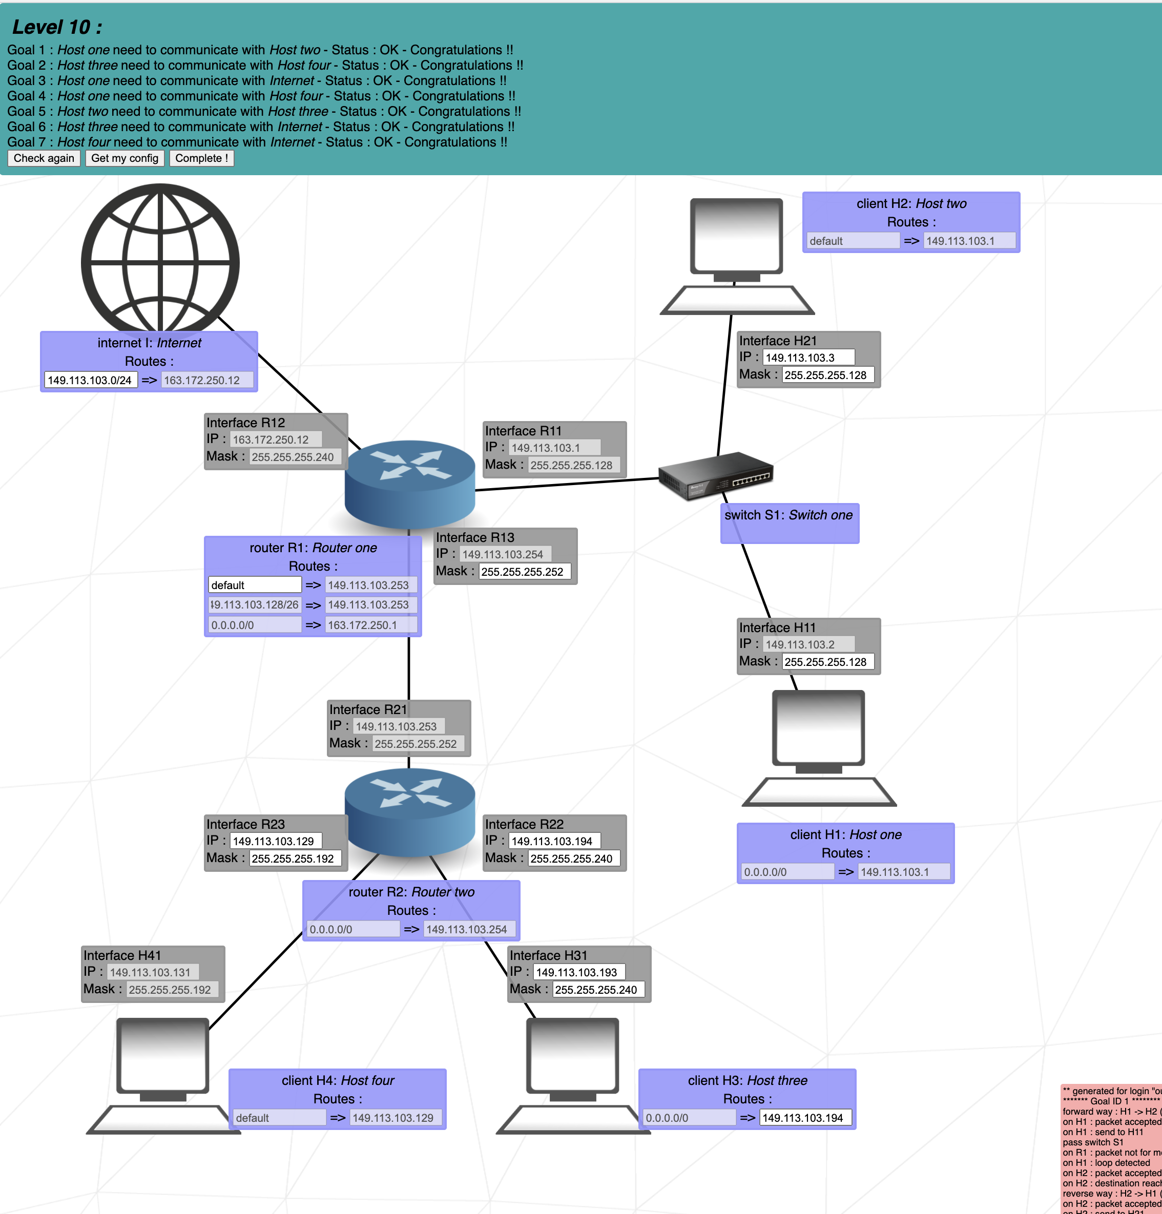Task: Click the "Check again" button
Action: tap(44, 158)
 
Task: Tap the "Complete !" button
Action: tap(201, 158)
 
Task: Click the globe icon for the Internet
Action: tap(160, 260)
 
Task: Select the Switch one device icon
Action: tap(715, 476)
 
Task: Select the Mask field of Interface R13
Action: tap(524, 572)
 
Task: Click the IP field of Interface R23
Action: tap(276, 841)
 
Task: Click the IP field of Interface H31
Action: tap(578, 972)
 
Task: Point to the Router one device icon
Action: tap(409, 483)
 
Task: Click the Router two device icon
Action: tap(409, 811)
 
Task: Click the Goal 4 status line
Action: tap(261, 96)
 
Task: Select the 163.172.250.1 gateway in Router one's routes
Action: tap(370, 625)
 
